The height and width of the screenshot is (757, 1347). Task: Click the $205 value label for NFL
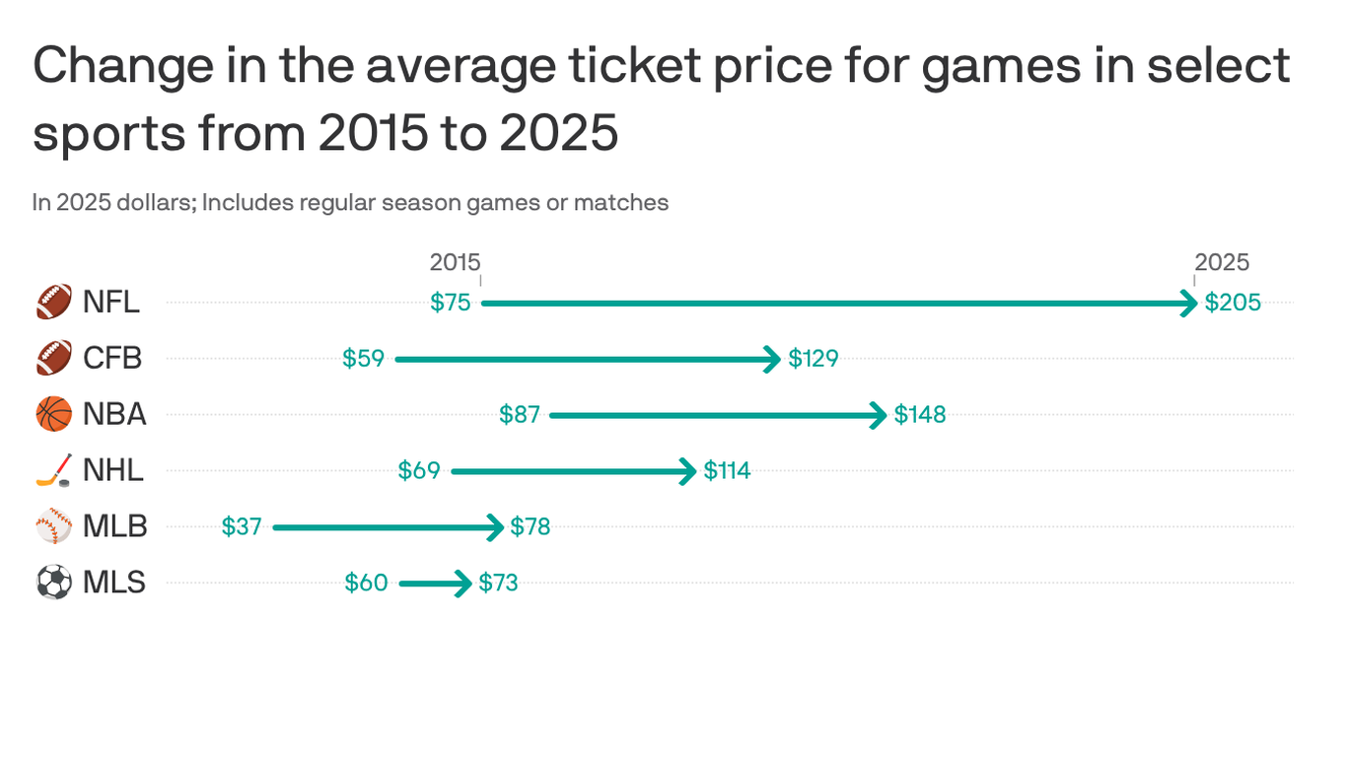[x=1233, y=303]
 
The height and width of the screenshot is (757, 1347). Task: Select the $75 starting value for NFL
[x=451, y=303]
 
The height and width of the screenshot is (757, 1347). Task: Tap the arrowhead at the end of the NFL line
[x=1190, y=303]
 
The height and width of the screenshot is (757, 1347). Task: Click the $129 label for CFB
[x=814, y=359]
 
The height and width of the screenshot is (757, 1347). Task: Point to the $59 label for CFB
[x=363, y=359]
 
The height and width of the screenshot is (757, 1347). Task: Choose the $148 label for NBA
[x=920, y=415]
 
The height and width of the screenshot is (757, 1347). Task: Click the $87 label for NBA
[x=520, y=415]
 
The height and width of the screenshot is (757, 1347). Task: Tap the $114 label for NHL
[x=727, y=471]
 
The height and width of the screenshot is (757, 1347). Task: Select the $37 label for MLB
[x=242, y=527]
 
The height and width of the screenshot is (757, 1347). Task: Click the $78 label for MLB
[x=531, y=527]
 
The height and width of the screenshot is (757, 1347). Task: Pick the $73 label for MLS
[x=498, y=584]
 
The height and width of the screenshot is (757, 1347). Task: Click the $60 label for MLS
[x=366, y=584]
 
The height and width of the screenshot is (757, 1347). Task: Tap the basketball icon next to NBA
[x=54, y=415]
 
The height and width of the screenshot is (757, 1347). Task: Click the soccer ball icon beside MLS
[x=54, y=584]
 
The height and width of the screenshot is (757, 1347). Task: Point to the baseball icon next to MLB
[x=54, y=527]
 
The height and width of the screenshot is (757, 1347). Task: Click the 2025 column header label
[x=1222, y=262]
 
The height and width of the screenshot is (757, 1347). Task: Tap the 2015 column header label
[x=455, y=262]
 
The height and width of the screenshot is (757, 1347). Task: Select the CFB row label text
[x=112, y=359]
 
